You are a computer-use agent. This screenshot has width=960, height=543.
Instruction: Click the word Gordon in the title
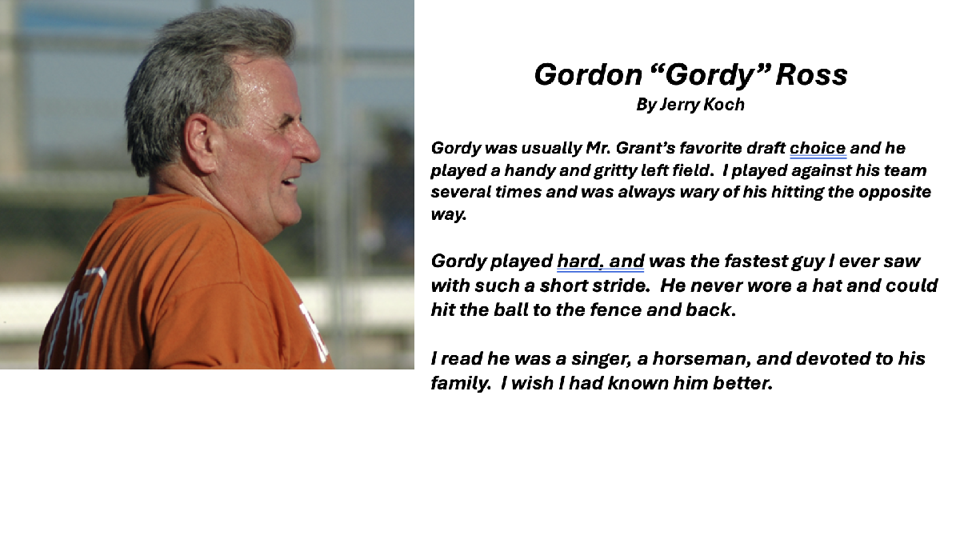coord(588,74)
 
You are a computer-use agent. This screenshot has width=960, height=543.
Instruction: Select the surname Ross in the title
coord(811,74)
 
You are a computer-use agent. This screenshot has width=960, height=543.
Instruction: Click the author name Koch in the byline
coord(724,105)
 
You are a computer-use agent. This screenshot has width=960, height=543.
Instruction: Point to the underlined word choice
coord(818,148)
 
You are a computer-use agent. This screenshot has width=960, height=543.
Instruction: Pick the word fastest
coord(758,261)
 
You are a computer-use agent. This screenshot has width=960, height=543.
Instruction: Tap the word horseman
coord(702,359)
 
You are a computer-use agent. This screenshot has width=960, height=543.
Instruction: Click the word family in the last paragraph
coord(460,384)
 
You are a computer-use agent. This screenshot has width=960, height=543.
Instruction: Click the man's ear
coord(201,144)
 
